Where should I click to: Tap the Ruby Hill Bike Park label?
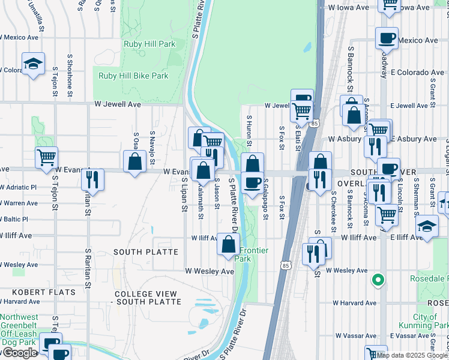133,76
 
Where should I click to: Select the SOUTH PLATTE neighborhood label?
146,252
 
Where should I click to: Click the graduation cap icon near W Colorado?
33,63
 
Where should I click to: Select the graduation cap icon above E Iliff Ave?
427,226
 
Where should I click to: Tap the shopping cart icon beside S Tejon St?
46,157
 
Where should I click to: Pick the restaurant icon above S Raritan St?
92,178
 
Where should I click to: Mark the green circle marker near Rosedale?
378,279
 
